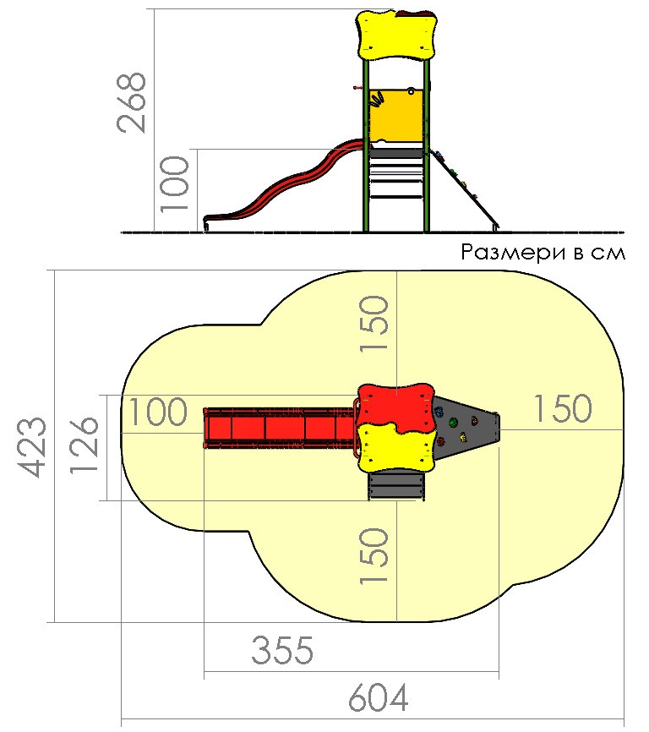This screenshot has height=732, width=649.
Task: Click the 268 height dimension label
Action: point(132,103)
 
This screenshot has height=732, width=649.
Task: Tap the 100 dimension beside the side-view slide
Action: point(175,184)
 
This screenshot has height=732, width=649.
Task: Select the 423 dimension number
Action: point(32,447)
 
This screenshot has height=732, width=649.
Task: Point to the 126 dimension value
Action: point(85,445)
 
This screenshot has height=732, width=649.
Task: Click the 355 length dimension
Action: point(282,650)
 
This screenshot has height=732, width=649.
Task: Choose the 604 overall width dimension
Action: point(379,698)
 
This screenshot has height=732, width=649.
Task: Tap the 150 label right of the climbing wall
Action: point(562,409)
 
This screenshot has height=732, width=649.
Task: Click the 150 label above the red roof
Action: point(374,323)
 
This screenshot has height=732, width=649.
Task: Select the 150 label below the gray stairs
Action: point(374,555)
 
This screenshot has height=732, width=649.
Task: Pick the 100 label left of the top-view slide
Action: point(158,412)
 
